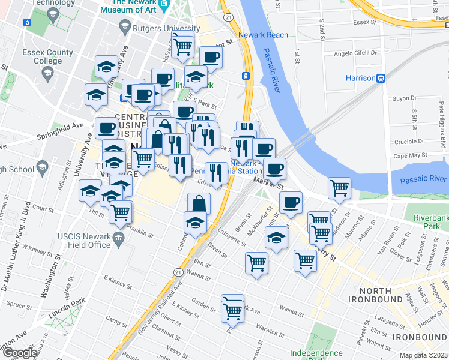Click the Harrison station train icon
(x=381, y=79)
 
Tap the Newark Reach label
(x=263, y=35)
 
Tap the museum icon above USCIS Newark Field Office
(x=118, y=240)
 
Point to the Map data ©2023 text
(x=423, y=355)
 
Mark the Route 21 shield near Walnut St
(x=178, y=272)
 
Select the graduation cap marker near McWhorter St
(x=276, y=238)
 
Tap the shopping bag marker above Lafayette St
(x=199, y=203)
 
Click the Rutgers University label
(x=170, y=28)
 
